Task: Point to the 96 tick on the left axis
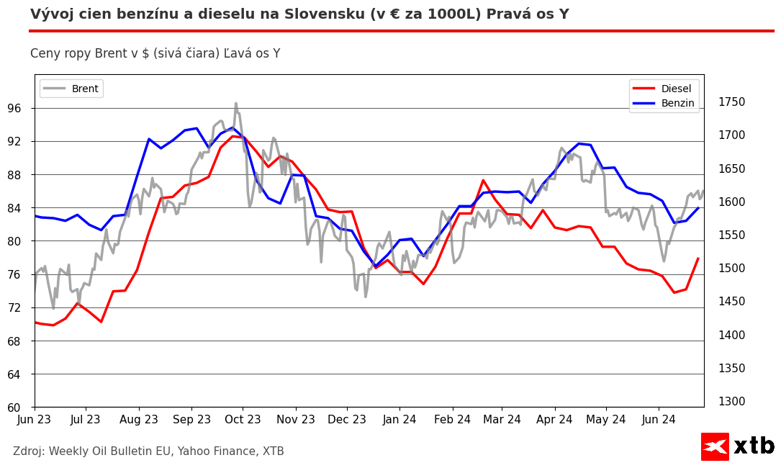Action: [x=21, y=109]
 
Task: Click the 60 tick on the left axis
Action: [x=21, y=408]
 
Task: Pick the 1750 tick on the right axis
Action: [x=731, y=102]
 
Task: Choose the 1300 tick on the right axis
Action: [x=731, y=402]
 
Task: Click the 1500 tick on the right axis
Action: [x=731, y=269]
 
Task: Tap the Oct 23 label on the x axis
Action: [x=243, y=419]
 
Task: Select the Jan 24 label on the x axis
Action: [x=399, y=419]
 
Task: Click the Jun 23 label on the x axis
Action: [x=35, y=419]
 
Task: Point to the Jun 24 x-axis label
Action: [x=658, y=419]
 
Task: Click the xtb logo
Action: [x=738, y=446]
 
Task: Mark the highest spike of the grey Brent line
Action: [x=235, y=103]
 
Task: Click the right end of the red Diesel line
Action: [x=698, y=258]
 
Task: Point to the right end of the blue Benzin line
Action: [x=698, y=207]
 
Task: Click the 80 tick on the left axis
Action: [x=21, y=241]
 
